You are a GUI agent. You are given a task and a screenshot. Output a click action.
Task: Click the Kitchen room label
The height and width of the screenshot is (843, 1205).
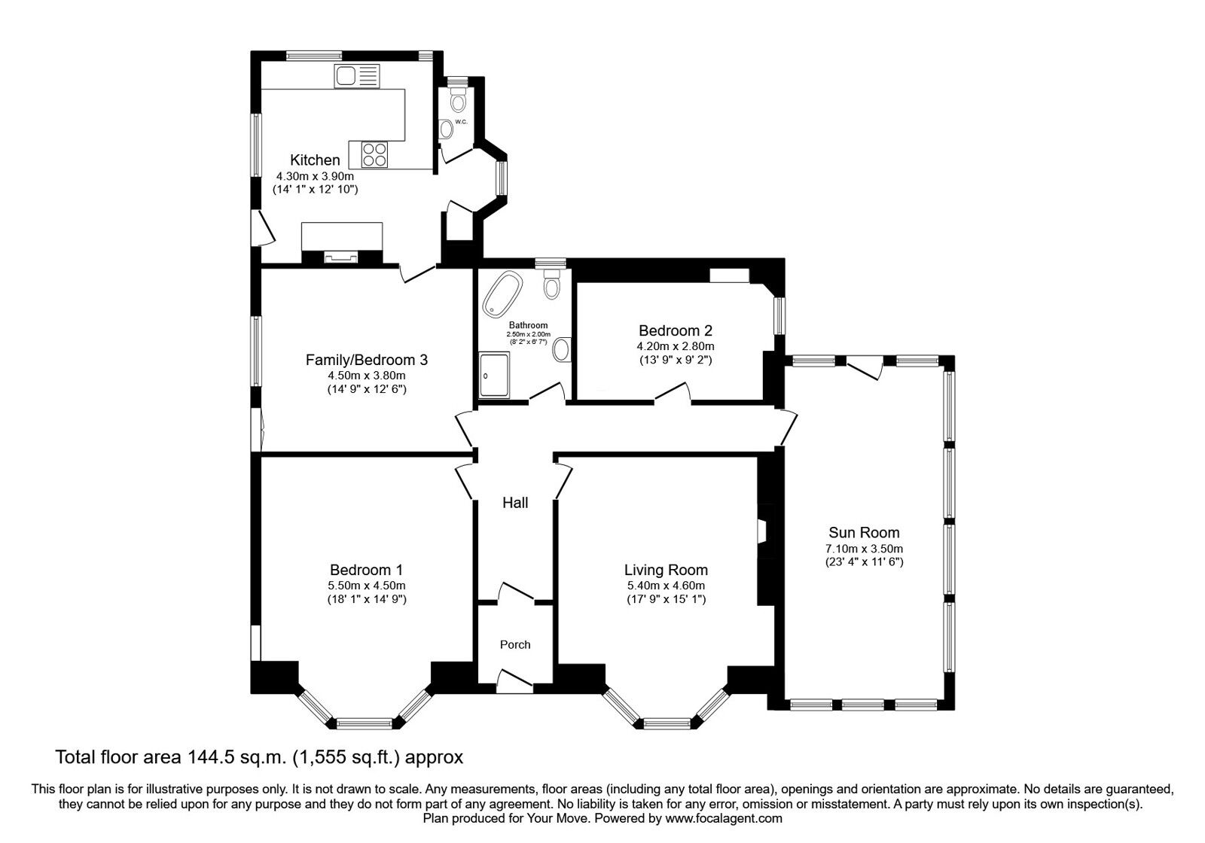click(315, 160)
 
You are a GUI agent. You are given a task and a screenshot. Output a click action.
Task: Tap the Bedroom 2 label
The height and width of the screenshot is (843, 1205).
click(675, 330)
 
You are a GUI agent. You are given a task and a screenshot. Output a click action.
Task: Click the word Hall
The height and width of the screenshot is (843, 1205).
click(515, 503)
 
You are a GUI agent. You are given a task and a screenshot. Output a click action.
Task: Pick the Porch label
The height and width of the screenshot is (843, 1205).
click(515, 644)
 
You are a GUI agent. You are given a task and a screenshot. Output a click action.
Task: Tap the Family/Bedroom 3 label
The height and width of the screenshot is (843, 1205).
click(366, 360)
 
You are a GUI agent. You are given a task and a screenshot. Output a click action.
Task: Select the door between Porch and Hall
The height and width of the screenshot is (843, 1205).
click(517, 593)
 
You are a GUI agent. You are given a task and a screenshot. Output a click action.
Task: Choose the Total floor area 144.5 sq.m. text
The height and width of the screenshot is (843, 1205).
click(259, 756)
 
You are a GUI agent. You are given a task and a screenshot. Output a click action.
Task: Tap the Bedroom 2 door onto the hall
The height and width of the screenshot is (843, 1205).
click(673, 393)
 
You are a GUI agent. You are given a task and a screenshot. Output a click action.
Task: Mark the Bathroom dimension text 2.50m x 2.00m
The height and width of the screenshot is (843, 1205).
click(528, 334)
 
